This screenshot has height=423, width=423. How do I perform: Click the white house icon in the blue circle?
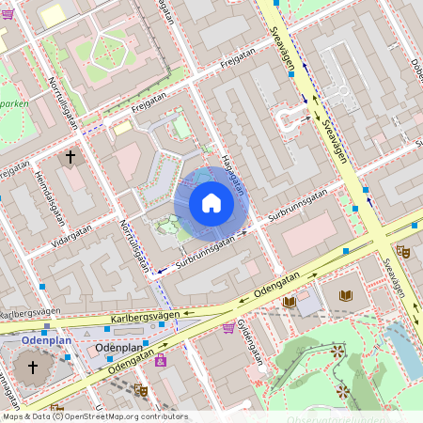point(211,203)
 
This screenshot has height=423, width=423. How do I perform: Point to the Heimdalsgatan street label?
point(51,198)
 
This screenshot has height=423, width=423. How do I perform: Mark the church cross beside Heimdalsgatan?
point(70,157)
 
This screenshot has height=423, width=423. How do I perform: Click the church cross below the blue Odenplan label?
point(34,366)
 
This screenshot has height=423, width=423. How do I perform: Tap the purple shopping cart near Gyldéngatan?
point(228,327)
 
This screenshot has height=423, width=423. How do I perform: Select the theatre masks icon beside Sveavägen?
point(402,251)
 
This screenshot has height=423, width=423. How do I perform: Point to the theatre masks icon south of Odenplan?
point(141,389)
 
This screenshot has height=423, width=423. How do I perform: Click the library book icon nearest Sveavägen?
point(346,295)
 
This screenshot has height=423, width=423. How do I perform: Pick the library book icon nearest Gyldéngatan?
point(290,302)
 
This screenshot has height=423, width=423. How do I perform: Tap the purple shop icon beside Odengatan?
point(161,360)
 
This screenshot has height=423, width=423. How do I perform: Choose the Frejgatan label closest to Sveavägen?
point(238,65)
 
